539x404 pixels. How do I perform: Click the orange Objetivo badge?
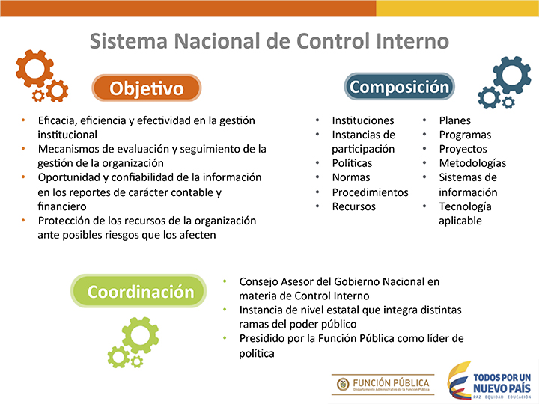coord(147,88)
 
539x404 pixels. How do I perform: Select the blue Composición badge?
coord(400,87)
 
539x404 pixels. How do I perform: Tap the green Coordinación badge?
coord(139,291)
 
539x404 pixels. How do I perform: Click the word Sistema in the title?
coord(129,41)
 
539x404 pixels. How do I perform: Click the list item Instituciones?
coord(363,120)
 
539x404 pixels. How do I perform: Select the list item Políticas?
coord(352,163)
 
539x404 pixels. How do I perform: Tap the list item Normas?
coord(351,177)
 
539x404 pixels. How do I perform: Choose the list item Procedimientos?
coord(371,192)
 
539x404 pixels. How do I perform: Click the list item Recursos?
coord(353,206)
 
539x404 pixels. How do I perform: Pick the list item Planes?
coord(455,120)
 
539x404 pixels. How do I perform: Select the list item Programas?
coord(465,135)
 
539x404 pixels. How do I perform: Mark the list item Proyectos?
coord(463,149)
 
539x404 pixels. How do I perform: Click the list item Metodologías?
coord(472,163)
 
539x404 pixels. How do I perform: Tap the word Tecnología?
coord(465,206)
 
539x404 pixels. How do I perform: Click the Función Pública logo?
coord(383,385)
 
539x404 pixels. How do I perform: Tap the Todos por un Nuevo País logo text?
coord(502,383)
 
